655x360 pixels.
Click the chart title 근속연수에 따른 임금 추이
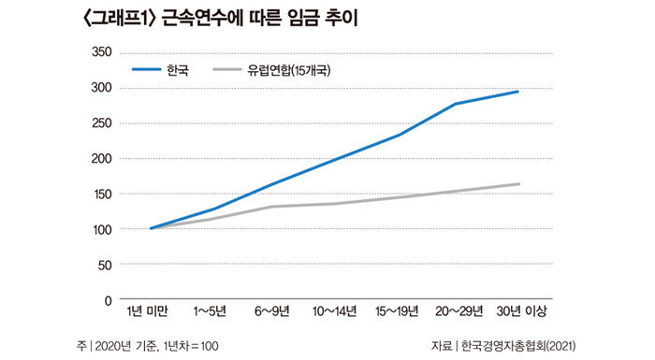(260, 20)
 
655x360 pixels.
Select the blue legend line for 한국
(146, 69)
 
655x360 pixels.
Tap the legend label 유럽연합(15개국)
(289, 70)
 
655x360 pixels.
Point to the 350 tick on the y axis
(101, 52)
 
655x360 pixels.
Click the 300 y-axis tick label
(101, 88)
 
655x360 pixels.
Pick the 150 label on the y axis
(101, 194)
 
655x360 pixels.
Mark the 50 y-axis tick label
(105, 266)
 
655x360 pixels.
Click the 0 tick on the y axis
(109, 301)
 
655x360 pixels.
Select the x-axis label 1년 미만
(148, 311)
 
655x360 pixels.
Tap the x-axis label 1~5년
(210, 311)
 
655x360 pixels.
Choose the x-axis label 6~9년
(272, 311)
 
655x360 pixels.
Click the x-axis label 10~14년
(335, 311)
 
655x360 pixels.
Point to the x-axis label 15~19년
(397, 311)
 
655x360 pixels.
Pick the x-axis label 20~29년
(459, 311)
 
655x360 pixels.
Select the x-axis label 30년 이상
(521, 311)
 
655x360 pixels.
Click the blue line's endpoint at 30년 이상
(518, 91)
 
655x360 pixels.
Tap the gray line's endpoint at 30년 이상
(518, 184)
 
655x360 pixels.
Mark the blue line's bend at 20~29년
(456, 104)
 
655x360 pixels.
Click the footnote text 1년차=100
(191, 346)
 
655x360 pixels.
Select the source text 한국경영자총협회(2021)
(518, 346)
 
